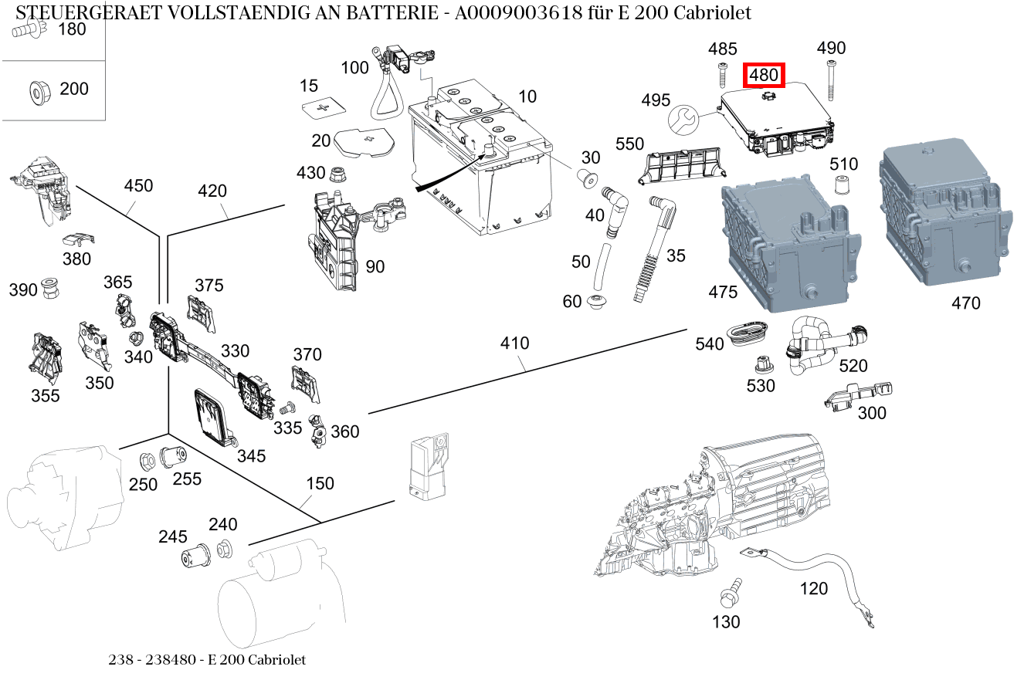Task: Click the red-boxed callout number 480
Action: (x=763, y=76)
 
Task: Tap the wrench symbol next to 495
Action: (x=683, y=119)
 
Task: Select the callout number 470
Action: (x=965, y=303)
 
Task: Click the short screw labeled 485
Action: (x=722, y=77)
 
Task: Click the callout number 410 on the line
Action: (x=514, y=343)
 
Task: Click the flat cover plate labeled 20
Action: (x=362, y=141)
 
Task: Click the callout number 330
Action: (x=235, y=351)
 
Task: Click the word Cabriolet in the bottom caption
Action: (x=276, y=660)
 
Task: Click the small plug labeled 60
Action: (x=597, y=302)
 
